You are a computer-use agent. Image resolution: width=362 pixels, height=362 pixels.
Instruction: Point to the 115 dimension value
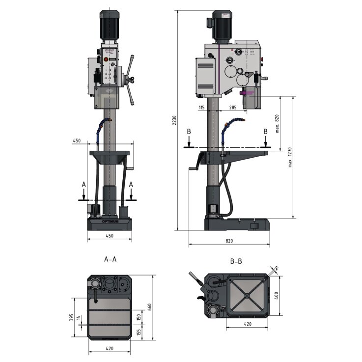coord(201,107)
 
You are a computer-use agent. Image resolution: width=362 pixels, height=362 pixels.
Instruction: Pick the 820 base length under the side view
coord(229,241)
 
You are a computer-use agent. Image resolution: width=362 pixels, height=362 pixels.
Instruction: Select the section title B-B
coord(236,261)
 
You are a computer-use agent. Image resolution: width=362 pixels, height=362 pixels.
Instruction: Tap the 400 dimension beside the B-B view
coord(277,296)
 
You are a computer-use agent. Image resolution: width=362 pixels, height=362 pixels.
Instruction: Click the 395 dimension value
coord(71,318)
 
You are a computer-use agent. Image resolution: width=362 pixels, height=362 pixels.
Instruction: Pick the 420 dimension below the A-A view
coord(110,348)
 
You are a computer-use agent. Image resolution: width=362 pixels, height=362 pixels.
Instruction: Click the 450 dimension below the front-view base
coord(110,236)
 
